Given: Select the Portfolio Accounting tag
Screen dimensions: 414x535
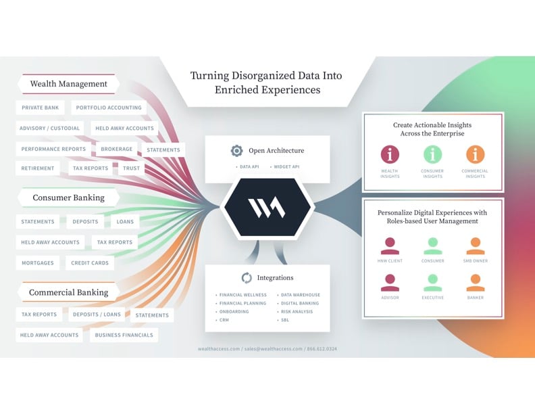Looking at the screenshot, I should (x=109, y=108).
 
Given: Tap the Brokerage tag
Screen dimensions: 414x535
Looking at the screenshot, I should (x=117, y=149).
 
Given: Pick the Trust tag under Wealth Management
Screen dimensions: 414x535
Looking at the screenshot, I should (x=132, y=168).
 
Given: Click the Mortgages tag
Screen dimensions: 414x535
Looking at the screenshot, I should (x=37, y=262).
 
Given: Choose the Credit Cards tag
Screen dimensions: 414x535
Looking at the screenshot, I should (x=90, y=262).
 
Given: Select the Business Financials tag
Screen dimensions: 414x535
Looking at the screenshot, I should (x=124, y=335).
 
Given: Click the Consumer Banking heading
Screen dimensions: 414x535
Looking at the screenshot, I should (x=69, y=198).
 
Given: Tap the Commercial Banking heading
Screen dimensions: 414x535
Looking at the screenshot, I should (x=68, y=293).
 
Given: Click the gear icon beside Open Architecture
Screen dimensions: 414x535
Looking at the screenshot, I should (x=236, y=151).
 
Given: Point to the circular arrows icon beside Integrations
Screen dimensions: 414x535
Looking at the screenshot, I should (x=246, y=277).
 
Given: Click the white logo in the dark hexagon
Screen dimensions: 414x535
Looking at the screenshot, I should (x=267, y=208).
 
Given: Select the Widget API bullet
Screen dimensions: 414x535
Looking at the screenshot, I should (x=285, y=166).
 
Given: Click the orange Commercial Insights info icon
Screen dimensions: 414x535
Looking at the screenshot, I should (x=475, y=154).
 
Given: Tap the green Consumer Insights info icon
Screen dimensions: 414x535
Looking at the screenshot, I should (x=432, y=154).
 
